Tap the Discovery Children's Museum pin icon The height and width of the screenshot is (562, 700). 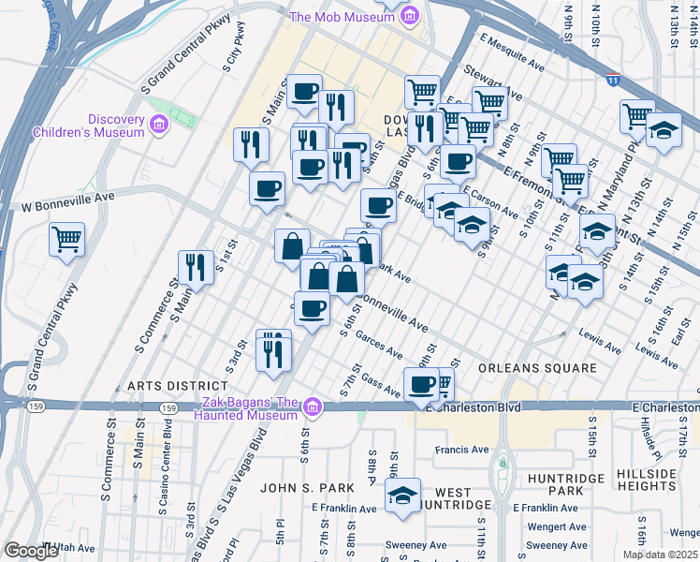click(158, 124)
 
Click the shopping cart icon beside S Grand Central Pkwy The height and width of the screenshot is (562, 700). click(67, 238)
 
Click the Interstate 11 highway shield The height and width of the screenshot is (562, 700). click(614, 81)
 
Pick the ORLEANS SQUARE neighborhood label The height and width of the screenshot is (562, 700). click(537, 368)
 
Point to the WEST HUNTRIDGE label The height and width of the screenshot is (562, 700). click(453, 498)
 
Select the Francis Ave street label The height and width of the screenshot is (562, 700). click(461, 450)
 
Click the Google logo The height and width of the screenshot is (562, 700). click(32, 551)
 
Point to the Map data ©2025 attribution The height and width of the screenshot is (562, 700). click(660, 555)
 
